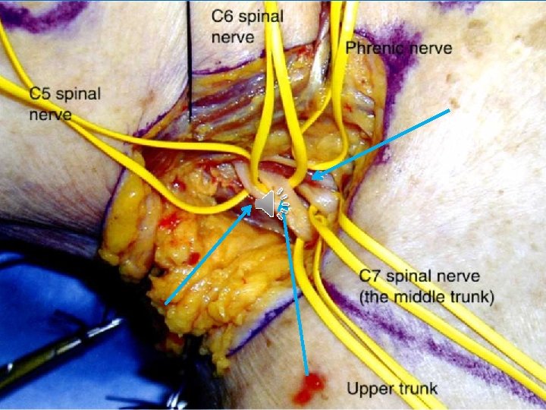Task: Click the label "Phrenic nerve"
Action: pyautogui.click(x=399, y=49)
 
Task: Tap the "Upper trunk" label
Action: pyautogui.click(x=392, y=389)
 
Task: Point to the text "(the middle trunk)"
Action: pyautogui.click(x=426, y=296)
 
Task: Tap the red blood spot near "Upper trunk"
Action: pyautogui.click(x=309, y=389)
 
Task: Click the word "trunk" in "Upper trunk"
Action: pyautogui.click(x=416, y=389)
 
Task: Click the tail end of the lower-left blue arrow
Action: pyautogui.click(x=166, y=303)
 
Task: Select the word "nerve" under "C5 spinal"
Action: pyautogui.click(x=50, y=115)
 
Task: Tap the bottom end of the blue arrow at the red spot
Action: pyautogui.click(x=306, y=374)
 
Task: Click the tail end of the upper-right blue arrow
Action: pyautogui.click(x=450, y=111)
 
